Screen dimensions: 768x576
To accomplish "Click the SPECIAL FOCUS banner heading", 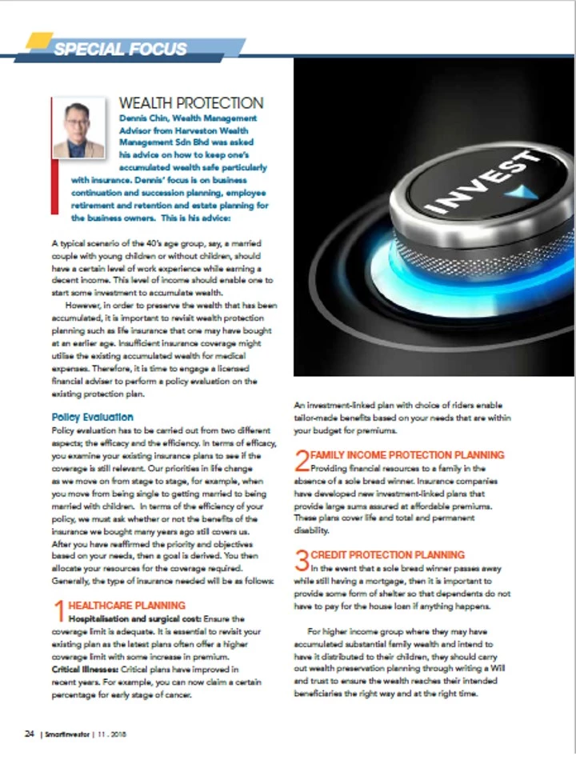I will point(120,49).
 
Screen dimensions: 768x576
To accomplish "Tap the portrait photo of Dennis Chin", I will point(78,128).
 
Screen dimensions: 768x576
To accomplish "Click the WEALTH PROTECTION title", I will point(190,103).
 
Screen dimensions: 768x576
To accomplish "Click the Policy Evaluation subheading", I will point(92,417).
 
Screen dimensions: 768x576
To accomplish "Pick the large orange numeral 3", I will point(302,561).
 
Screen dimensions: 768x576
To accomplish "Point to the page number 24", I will point(28,734).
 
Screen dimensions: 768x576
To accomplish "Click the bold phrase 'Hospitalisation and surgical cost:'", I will point(134,618).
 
